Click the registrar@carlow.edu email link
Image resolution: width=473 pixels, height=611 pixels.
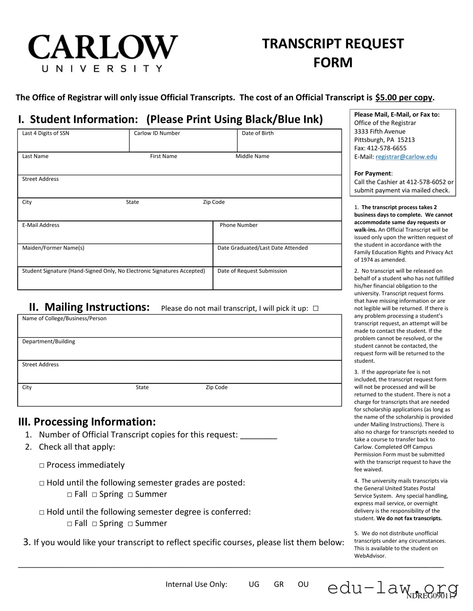tap(406, 157)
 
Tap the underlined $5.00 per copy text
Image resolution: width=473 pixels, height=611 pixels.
tap(404, 97)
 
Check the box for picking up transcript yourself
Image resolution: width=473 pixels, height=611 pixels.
tap(316, 309)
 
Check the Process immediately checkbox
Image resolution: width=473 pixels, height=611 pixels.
tap(42, 466)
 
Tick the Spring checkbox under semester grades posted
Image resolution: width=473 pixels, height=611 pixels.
tap(95, 495)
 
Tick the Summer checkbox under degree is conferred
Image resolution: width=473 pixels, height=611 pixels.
tap(130, 524)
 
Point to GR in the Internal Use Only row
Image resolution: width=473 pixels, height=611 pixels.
tap(279, 584)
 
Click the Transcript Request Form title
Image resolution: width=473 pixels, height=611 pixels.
tap(333, 53)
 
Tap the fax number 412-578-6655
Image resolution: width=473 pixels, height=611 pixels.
tap(386, 148)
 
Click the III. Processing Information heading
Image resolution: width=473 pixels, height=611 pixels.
tap(87, 422)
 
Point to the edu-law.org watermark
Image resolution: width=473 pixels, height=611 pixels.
tap(393, 588)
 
